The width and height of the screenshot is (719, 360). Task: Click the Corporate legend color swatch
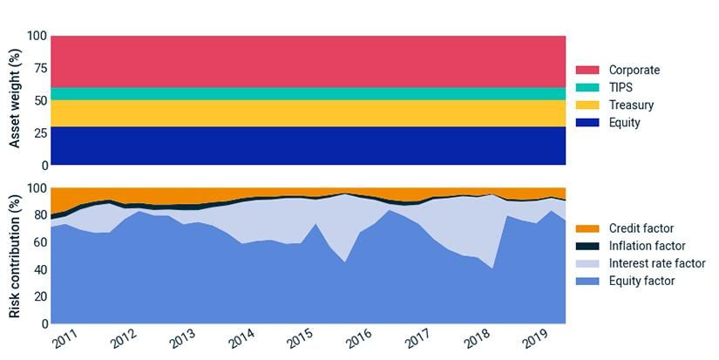587,70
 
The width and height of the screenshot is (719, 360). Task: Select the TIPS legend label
621,87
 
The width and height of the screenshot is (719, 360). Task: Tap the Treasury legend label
631,105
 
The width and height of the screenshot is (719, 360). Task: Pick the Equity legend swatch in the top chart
587,123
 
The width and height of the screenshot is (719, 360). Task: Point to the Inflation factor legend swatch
587,246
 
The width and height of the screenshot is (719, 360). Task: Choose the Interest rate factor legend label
657,263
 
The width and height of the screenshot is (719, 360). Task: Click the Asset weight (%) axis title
13,100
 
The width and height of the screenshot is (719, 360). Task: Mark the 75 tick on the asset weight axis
36,69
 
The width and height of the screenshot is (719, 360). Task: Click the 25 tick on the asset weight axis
36,133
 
